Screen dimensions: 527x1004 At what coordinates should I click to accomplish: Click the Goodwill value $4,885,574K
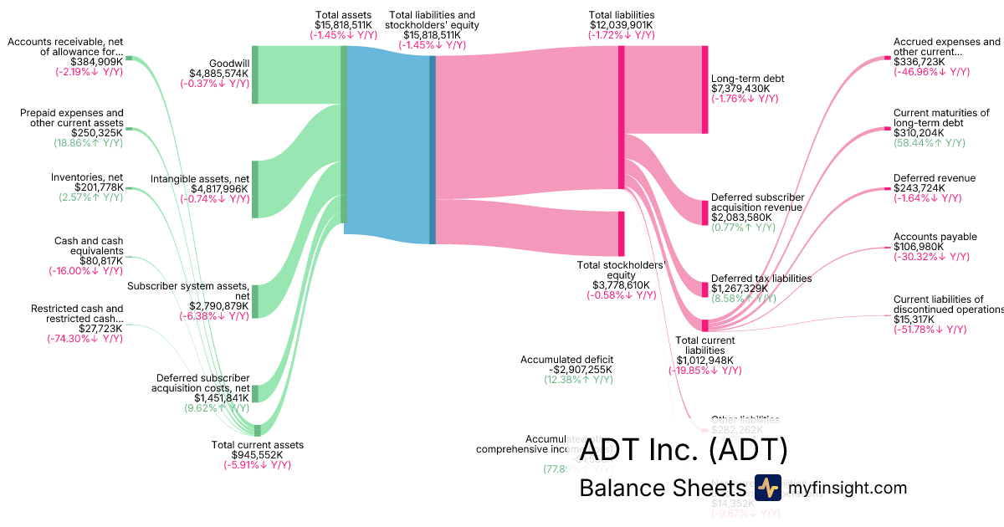coord(213,73)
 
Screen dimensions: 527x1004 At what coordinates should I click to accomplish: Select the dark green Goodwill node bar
coord(255,75)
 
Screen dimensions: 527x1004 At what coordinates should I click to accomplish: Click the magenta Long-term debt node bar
coord(704,90)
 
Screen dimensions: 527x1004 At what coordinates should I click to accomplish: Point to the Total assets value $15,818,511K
coord(343,25)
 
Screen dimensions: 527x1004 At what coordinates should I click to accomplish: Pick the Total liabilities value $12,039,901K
coord(621,25)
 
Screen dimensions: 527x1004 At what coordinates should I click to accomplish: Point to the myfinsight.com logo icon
coord(767,488)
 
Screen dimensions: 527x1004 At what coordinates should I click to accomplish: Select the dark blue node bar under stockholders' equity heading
coord(433,150)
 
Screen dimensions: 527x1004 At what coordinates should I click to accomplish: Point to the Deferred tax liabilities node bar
coord(704,289)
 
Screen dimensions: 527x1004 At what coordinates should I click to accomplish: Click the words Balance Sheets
coord(661,489)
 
